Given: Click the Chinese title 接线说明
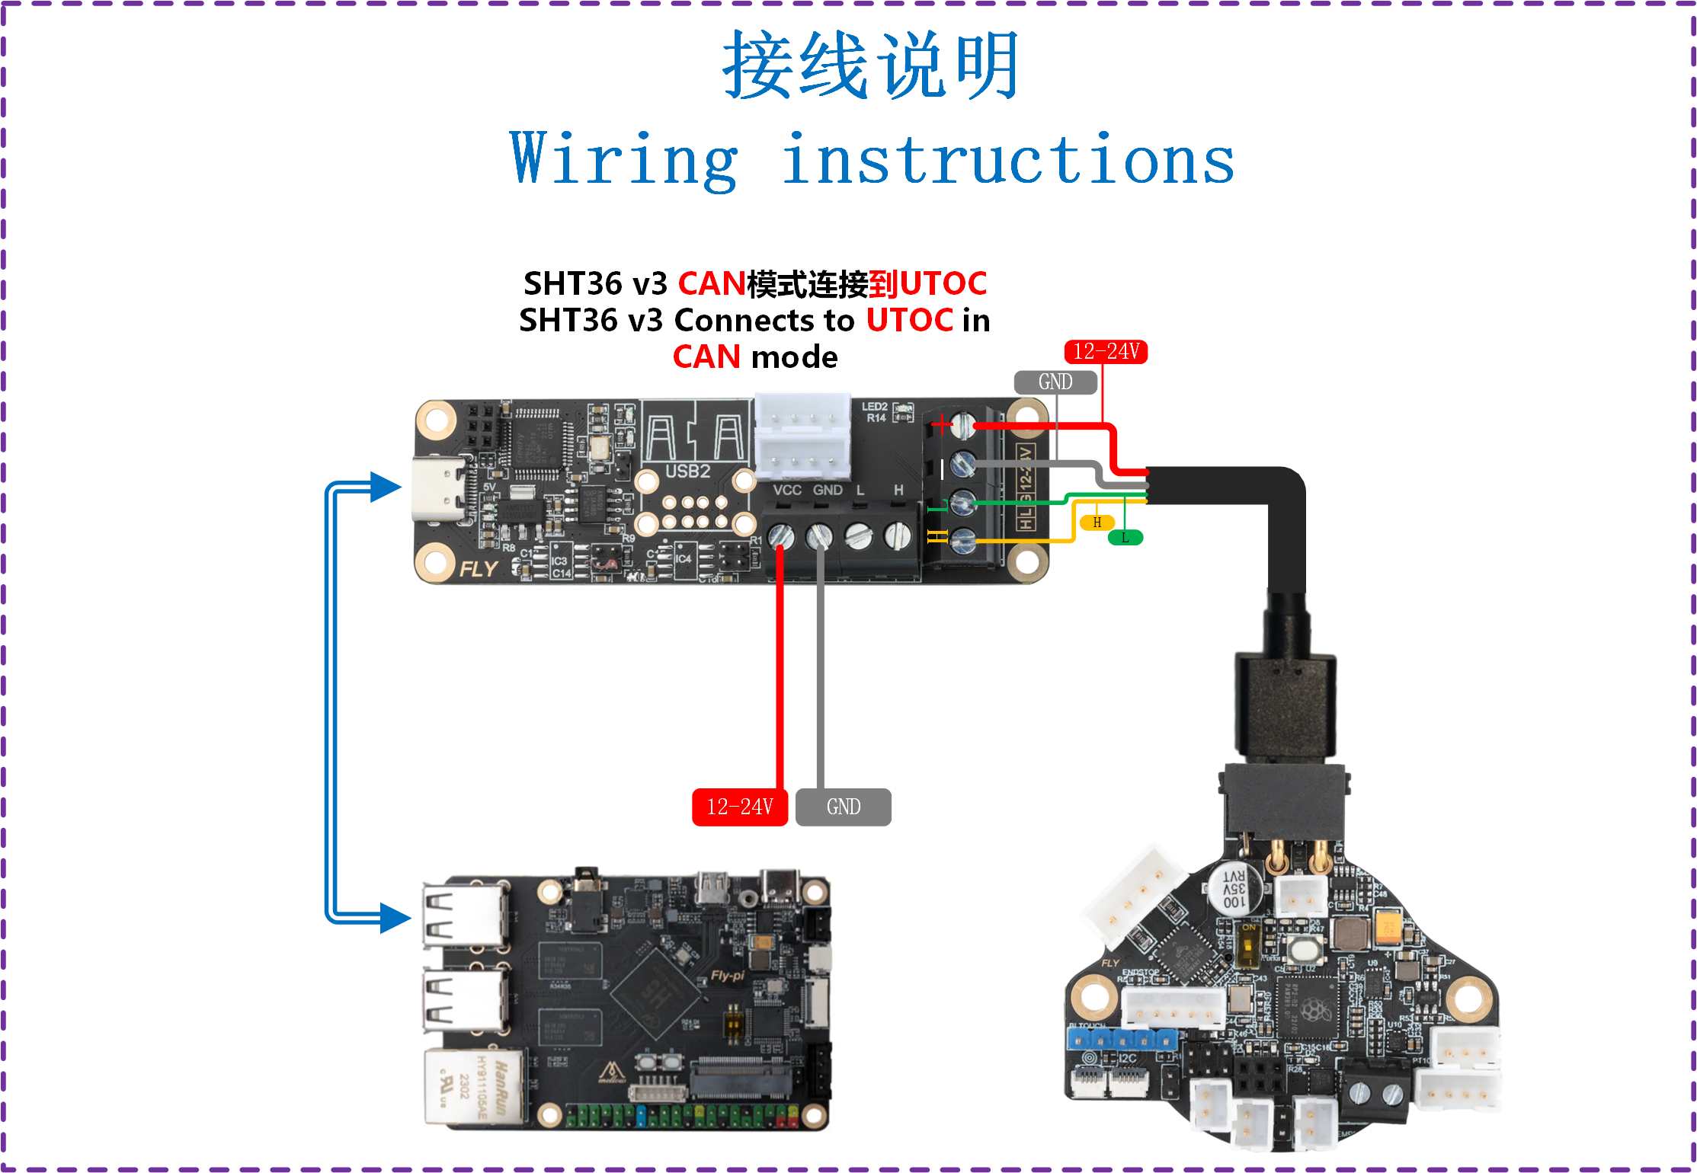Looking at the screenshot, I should pyautogui.click(x=870, y=66).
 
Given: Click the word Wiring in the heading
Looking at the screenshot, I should pyautogui.click(x=623, y=160).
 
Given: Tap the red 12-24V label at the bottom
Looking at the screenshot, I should pyautogui.click(x=739, y=807).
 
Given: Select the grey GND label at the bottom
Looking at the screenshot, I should pyautogui.click(x=843, y=807).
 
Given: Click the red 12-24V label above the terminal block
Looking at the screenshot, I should pyautogui.click(x=1105, y=352).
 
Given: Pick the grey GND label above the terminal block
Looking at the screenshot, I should pyautogui.click(x=1055, y=382).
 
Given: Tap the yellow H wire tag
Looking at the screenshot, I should pyautogui.click(x=1097, y=523).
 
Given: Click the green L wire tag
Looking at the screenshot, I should pyautogui.click(x=1125, y=538).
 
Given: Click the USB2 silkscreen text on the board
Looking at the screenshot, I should pyautogui.click(x=687, y=471).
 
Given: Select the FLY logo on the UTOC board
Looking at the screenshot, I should pyautogui.click(x=479, y=569).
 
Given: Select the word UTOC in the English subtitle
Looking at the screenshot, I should pyautogui.click(x=909, y=320).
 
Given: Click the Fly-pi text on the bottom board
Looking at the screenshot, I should pyautogui.click(x=727, y=976).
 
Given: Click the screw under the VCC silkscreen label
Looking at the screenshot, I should pyautogui.click(x=780, y=536).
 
